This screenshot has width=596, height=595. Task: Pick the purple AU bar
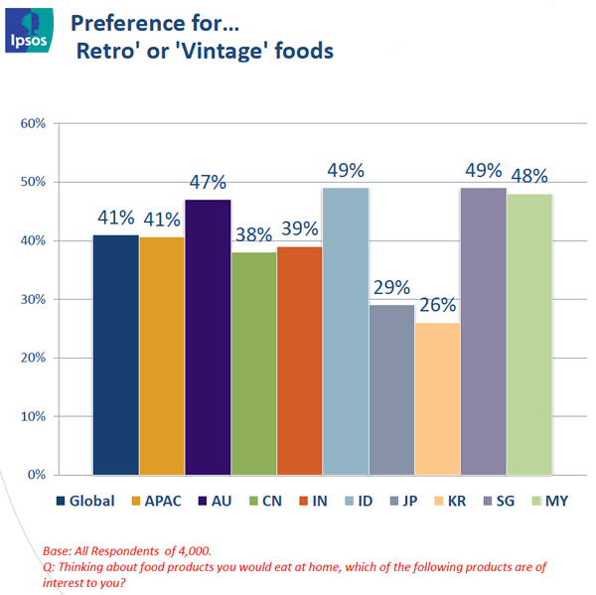(x=208, y=337)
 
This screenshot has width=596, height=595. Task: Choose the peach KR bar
(x=437, y=398)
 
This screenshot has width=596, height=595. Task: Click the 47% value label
(x=208, y=183)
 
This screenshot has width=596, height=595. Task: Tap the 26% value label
(x=437, y=306)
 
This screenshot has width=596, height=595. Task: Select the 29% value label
(x=391, y=288)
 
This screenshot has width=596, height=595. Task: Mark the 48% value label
(x=529, y=177)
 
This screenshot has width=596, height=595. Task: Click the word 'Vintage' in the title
(x=213, y=50)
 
